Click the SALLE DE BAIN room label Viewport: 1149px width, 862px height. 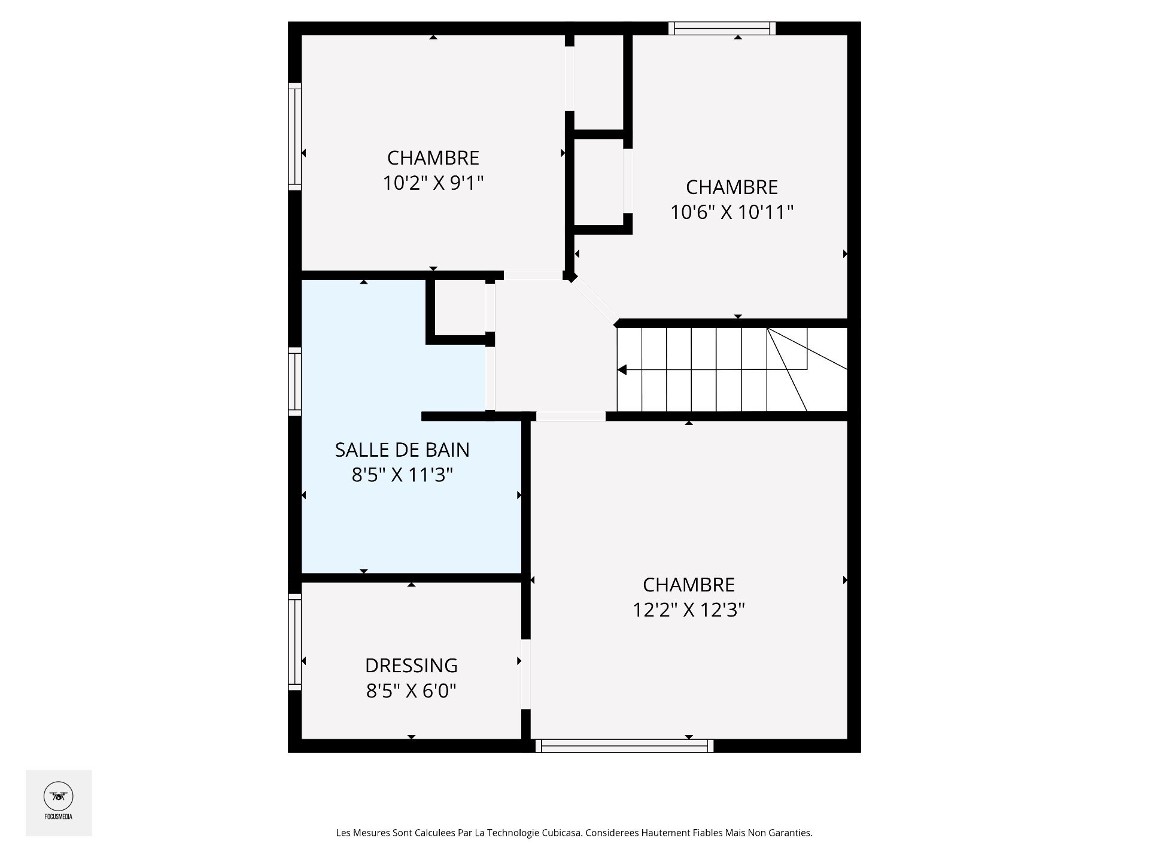click(x=402, y=450)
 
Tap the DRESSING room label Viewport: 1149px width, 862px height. click(x=411, y=666)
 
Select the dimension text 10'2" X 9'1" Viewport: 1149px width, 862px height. click(x=433, y=183)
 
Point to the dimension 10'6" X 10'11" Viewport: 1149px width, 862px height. click(x=731, y=212)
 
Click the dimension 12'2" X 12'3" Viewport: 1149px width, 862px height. click(x=689, y=609)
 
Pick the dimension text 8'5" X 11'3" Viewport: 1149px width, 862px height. click(x=402, y=475)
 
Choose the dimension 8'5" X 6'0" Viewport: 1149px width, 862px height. click(x=411, y=691)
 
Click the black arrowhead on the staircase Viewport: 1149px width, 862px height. click(x=622, y=370)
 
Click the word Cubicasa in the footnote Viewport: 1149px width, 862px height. click(x=562, y=833)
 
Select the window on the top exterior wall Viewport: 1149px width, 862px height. click(x=722, y=28)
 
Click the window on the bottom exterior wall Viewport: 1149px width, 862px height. click(x=624, y=746)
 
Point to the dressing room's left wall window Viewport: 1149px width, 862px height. click(x=294, y=642)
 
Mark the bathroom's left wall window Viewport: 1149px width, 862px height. click(x=294, y=382)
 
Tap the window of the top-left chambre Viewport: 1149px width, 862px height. click(x=294, y=136)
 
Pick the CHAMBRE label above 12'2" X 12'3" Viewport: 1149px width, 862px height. click(x=689, y=584)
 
